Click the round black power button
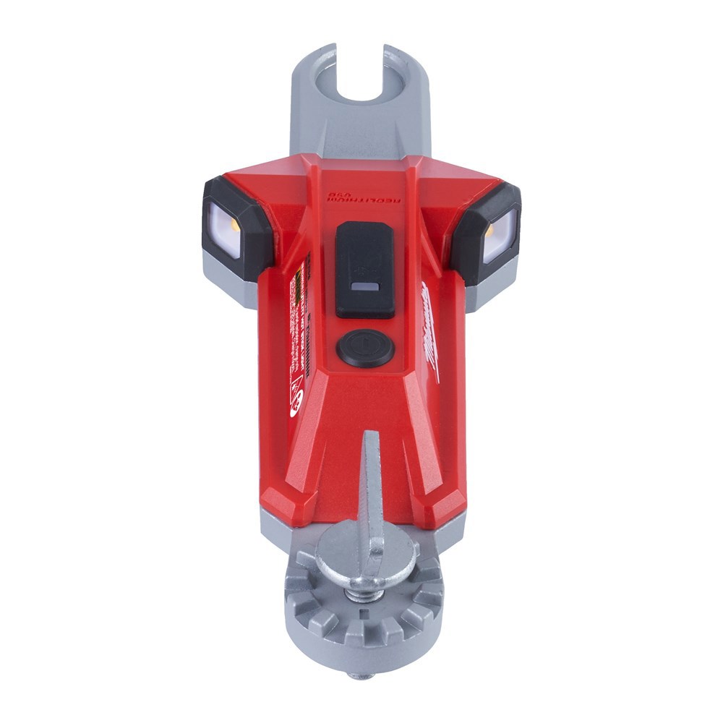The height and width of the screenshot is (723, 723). (x=365, y=348)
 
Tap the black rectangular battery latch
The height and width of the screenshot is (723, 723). (x=365, y=269)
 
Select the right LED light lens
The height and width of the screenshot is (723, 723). (x=500, y=233)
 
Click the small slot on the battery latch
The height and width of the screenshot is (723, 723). (x=365, y=287)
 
